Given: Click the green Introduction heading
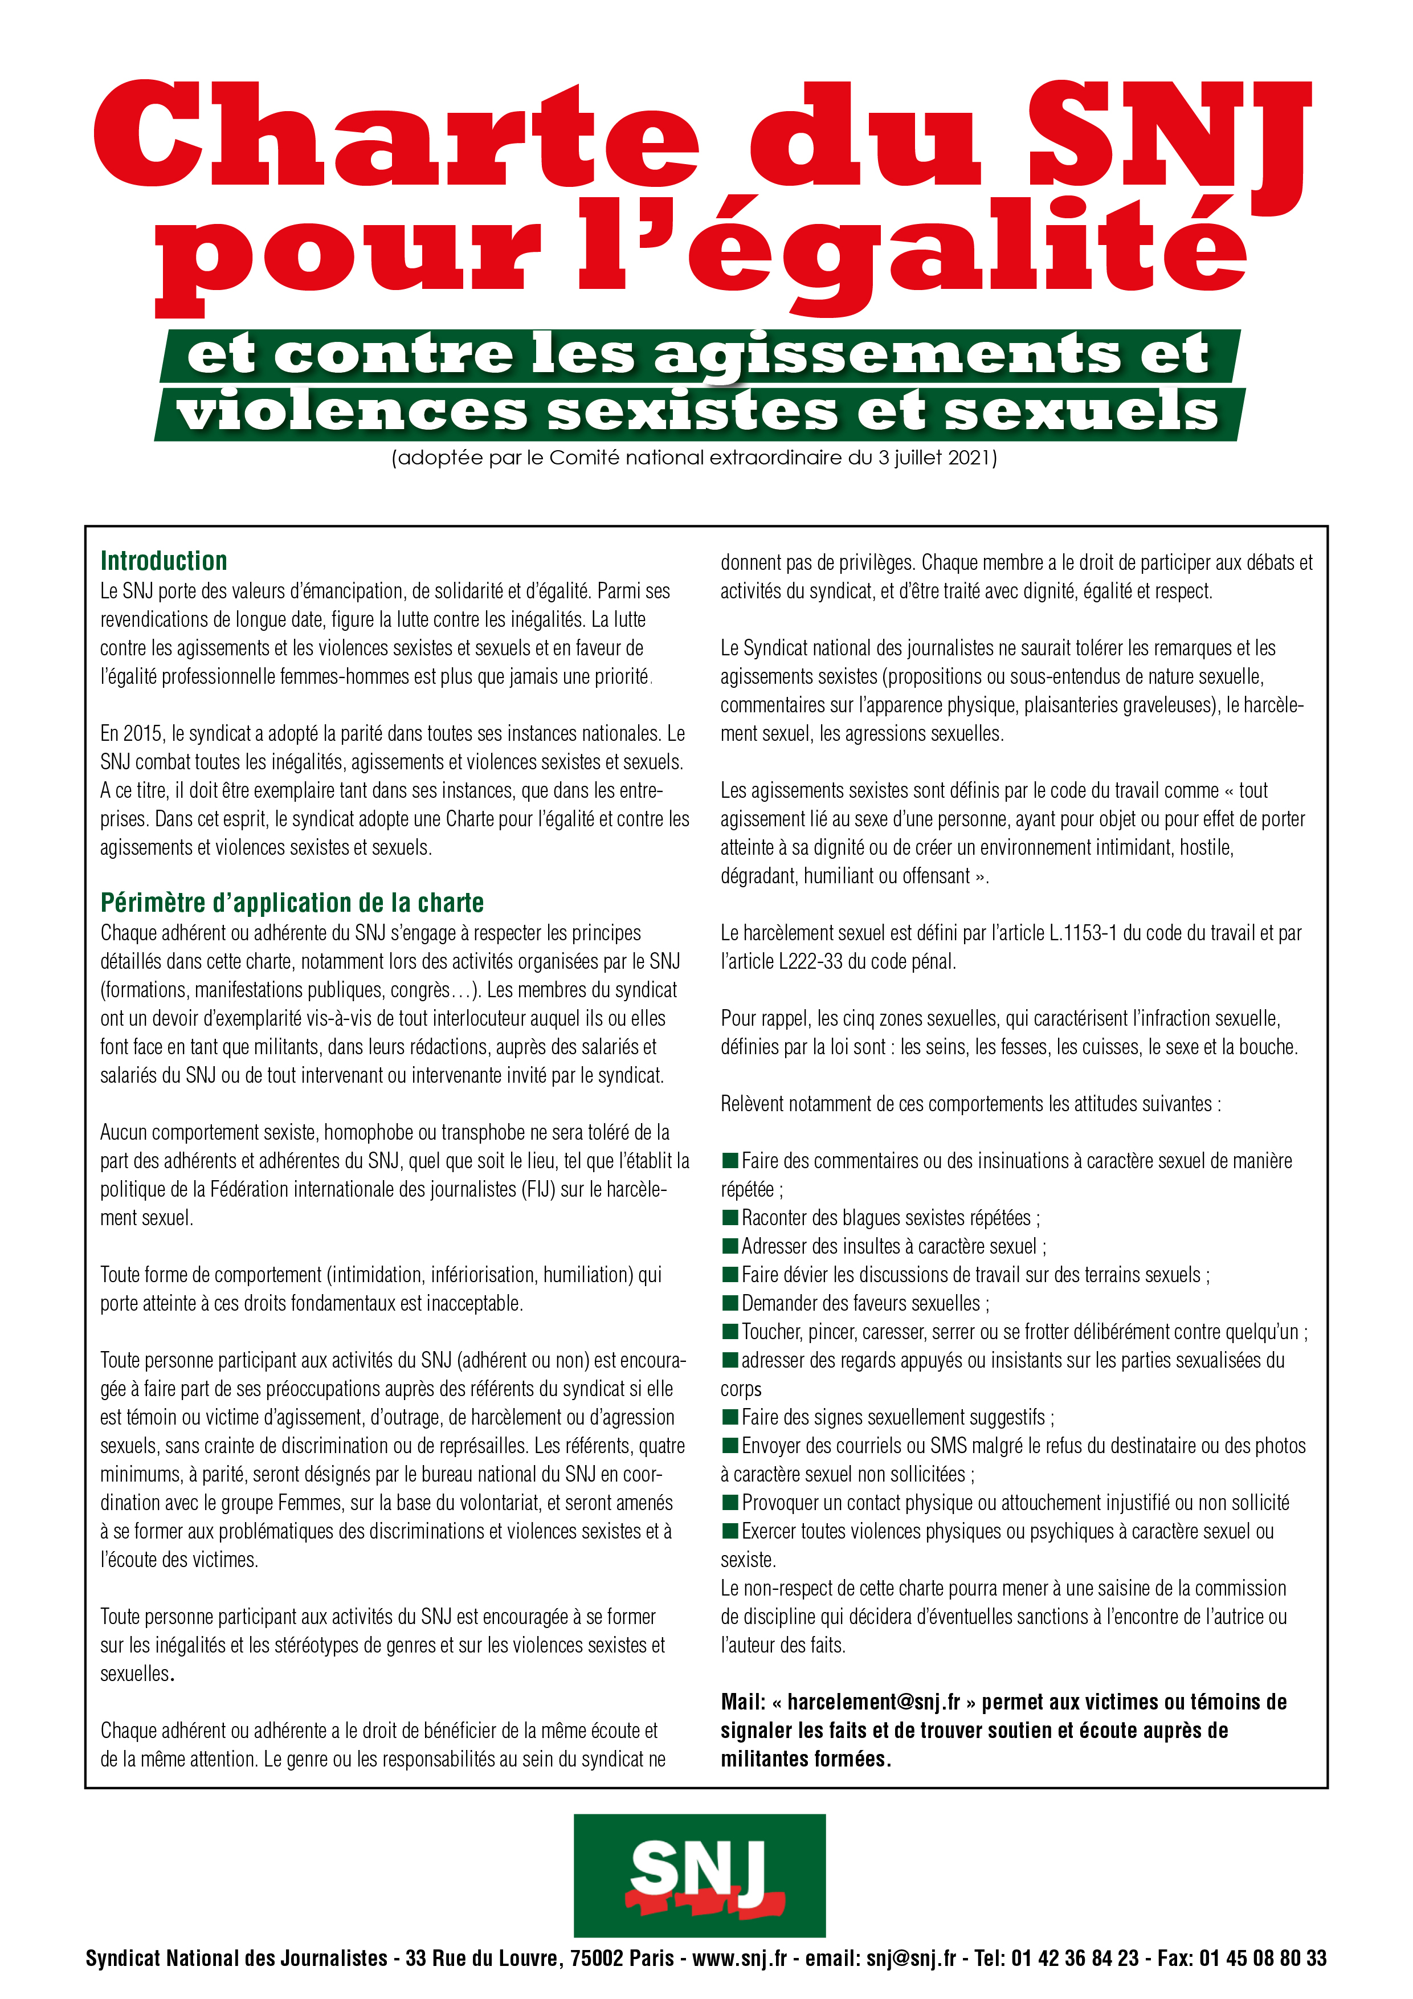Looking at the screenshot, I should tap(164, 561).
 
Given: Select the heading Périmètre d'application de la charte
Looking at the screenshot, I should tap(292, 902).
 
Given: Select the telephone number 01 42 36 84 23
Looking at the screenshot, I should tap(1075, 1958).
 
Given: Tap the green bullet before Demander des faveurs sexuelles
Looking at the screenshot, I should tap(730, 1303).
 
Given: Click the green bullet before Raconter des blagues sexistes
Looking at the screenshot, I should tap(730, 1217).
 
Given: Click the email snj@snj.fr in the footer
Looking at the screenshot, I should tap(910, 1958).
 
